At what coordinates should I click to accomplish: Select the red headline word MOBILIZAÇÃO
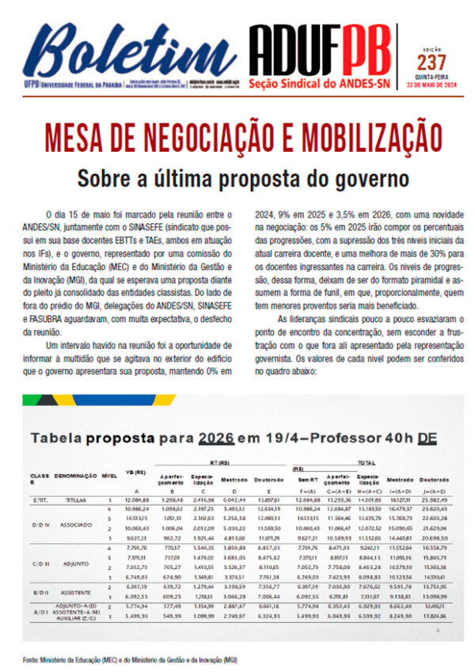[x=337, y=137]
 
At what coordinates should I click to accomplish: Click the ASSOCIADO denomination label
[x=75, y=523]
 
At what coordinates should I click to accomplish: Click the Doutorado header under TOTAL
[x=434, y=480]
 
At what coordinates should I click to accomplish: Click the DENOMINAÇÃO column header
[x=75, y=476]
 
